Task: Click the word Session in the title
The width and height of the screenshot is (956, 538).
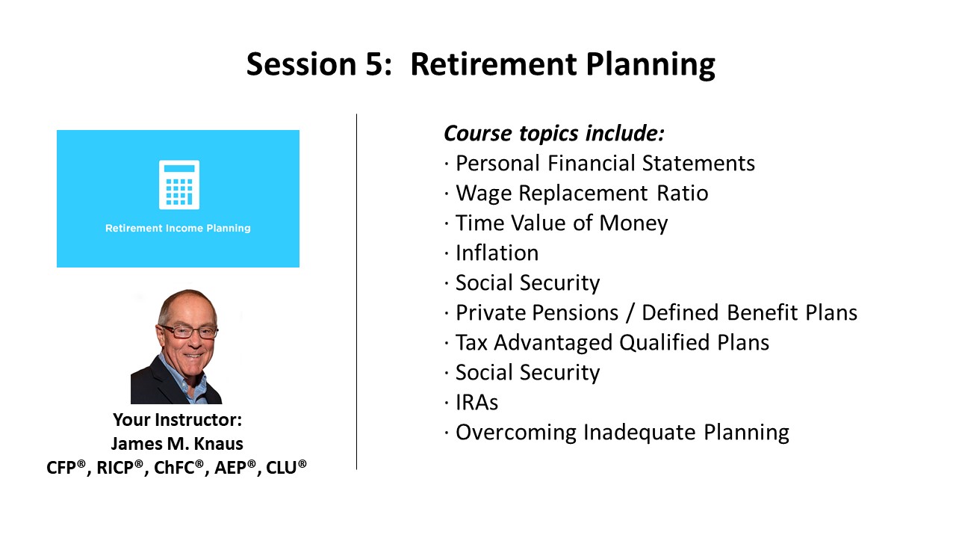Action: tap(301, 64)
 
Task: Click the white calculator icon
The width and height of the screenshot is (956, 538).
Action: tap(179, 185)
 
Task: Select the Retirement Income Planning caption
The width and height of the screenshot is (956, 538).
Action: tap(178, 228)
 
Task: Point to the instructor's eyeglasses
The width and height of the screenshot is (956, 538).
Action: tap(189, 331)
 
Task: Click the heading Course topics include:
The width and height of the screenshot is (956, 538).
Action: tap(554, 133)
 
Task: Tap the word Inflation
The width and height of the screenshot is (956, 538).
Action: tap(497, 253)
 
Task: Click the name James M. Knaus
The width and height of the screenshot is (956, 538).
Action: tap(177, 444)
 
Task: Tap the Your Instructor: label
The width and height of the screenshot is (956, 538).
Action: tap(178, 420)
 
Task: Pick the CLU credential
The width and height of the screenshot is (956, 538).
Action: tap(286, 467)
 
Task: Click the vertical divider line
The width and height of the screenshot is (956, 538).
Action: tap(357, 291)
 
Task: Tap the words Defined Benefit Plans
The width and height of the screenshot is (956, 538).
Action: tap(749, 312)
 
